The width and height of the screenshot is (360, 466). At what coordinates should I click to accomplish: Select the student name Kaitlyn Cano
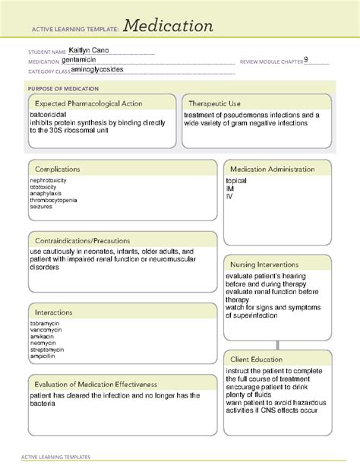tap(90, 52)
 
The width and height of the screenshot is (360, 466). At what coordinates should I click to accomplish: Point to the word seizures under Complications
tap(42, 206)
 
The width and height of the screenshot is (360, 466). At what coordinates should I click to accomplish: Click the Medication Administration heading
tap(276, 169)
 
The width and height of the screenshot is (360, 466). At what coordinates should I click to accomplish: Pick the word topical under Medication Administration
tap(237, 181)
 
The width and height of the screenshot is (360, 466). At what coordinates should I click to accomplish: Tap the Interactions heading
tap(55, 312)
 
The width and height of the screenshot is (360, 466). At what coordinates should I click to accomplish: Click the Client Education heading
tap(259, 359)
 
